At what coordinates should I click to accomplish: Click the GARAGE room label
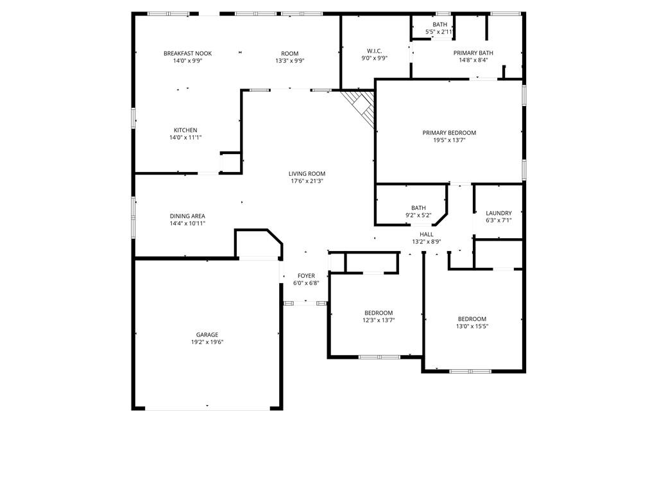point(207,334)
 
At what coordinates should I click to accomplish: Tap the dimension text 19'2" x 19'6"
point(207,342)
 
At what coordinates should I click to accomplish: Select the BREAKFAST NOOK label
point(187,53)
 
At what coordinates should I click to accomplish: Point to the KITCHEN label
point(185,130)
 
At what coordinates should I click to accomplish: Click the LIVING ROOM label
point(307,173)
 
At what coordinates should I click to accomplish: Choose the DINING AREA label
point(187,216)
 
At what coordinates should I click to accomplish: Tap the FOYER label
point(306,275)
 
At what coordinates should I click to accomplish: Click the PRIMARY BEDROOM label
point(449,133)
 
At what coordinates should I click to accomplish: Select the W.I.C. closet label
point(375,51)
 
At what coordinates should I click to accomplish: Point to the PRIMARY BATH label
point(474,53)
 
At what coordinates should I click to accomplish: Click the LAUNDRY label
point(499,213)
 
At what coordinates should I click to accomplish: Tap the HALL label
point(427,234)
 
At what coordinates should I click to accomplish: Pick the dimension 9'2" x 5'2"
point(418,215)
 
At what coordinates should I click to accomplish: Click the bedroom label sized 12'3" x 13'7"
point(379,313)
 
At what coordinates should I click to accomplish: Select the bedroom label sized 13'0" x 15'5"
point(472,319)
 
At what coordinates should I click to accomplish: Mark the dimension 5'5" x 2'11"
point(439,31)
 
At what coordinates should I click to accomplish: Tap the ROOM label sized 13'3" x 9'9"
point(289,53)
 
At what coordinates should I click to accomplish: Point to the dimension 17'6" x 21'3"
point(307,181)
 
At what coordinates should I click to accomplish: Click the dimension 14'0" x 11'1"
point(185,137)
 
